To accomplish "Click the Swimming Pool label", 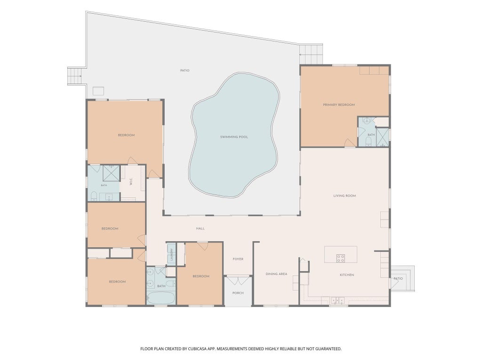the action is (x=234, y=137).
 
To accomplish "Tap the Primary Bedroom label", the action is (x=339, y=105).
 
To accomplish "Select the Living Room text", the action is (x=345, y=196).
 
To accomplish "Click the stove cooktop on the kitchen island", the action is (x=340, y=258).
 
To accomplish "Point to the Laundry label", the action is (x=171, y=254).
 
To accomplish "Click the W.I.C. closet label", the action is (x=131, y=181).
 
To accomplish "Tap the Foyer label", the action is (x=238, y=259).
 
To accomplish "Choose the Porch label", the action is (x=238, y=293).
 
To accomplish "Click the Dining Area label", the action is (x=276, y=274).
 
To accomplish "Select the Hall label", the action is (x=200, y=228).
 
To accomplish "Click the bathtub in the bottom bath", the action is (x=161, y=298).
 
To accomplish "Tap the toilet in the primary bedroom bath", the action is (x=368, y=141).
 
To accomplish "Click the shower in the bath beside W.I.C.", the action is (x=111, y=173).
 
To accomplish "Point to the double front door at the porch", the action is (x=238, y=280).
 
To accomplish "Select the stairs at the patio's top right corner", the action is (x=311, y=54).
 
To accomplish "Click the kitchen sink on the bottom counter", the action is (x=337, y=300).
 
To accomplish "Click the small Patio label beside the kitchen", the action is (x=398, y=278).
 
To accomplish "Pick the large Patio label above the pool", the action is (x=185, y=71).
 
